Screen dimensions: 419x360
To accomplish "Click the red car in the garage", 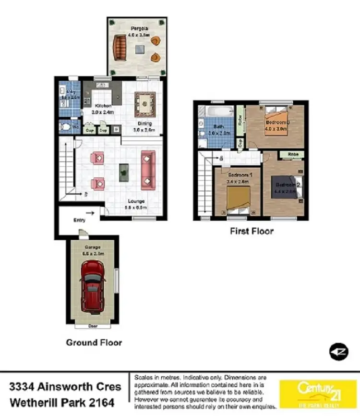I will pyautogui.click(x=92, y=287).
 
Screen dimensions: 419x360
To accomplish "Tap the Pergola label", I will pyautogui.click(x=137, y=28).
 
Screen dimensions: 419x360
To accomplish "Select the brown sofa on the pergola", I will pyautogui.click(x=119, y=48).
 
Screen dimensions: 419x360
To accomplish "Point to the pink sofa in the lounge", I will pyautogui.click(x=148, y=170).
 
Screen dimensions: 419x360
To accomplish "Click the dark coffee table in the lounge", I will pyautogui.click(x=124, y=172).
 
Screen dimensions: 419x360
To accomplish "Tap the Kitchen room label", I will pyautogui.click(x=103, y=106).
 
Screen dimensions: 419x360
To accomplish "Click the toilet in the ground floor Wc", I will pyautogui.click(x=65, y=127).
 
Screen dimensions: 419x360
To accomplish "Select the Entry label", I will pyautogui.click(x=79, y=220).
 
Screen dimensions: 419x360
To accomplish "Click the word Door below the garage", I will pyautogui.click(x=93, y=326).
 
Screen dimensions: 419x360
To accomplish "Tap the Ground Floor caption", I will pyautogui.click(x=94, y=343).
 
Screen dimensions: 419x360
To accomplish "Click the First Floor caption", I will pyautogui.click(x=252, y=231).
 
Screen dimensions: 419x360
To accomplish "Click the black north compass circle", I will pyautogui.click(x=338, y=352).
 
